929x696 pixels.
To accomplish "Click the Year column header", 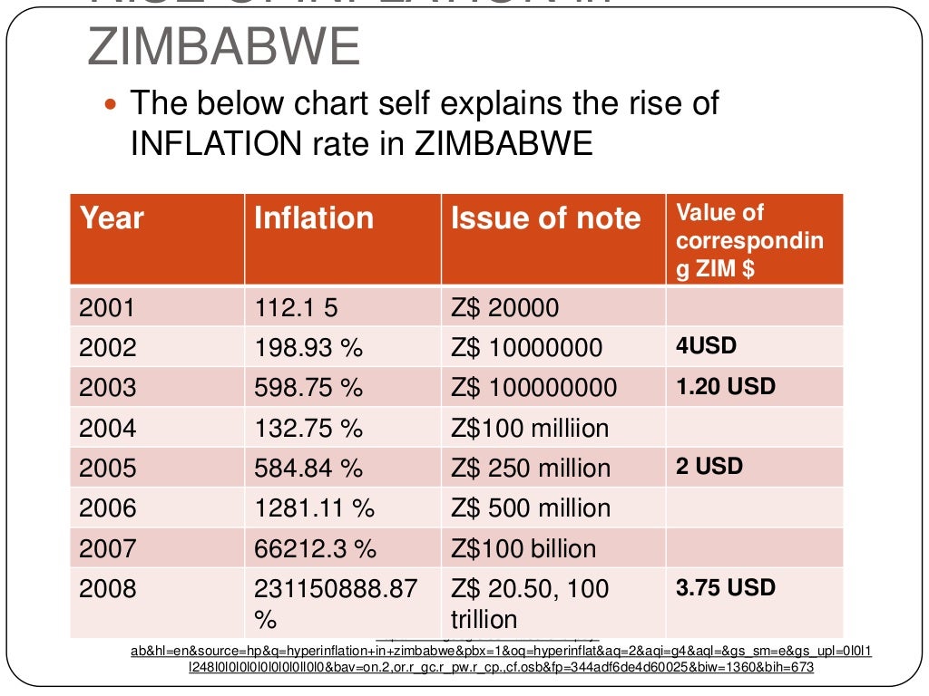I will point(112,218).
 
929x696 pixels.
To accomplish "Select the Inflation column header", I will point(313,218).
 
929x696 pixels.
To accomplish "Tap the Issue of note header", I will point(545,218).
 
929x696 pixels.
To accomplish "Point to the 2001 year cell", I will point(107,308).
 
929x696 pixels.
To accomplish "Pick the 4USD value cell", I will point(706,346).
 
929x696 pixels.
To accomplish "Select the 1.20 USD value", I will point(726,386).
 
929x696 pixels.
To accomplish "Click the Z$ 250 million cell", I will point(531,468).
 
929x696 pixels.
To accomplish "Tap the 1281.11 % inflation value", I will point(314,507).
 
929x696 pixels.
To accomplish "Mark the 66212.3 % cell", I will point(315,548).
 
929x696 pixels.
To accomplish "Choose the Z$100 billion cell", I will point(523,548).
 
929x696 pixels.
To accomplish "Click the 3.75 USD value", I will point(726,587).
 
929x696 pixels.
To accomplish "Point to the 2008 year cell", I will point(107,589).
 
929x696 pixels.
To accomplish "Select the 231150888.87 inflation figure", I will point(336,589).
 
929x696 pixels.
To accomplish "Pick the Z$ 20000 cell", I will point(505,308).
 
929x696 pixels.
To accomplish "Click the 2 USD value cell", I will point(709,467).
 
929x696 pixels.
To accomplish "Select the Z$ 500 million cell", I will point(531,507).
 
